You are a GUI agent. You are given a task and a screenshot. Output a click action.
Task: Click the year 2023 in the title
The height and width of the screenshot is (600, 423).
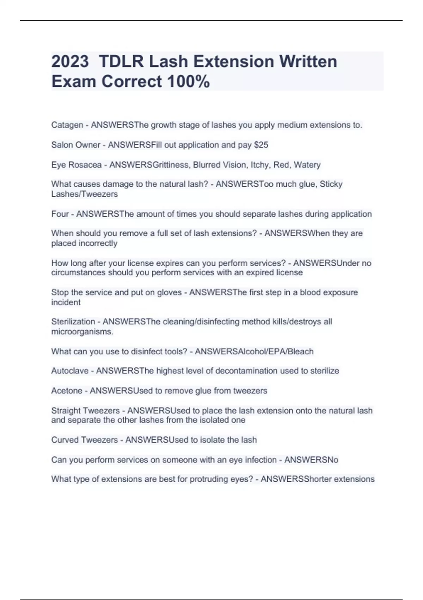click(x=70, y=61)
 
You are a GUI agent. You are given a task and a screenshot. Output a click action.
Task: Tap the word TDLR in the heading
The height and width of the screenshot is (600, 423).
click(x=121, y=61)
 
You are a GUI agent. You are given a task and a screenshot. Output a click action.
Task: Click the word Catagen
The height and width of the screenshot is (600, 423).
click(x=67, y=125)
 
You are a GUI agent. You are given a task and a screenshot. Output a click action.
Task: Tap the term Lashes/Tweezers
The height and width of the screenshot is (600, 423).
click(x=84, y=194)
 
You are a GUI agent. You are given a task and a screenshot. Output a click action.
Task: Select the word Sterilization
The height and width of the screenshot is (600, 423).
click(x=73, y=322)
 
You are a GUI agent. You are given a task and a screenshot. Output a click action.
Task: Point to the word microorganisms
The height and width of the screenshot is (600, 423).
click(x=82, y=332)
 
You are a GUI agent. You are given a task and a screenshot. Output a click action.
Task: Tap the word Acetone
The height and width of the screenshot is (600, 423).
click(x=67, y=391)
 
